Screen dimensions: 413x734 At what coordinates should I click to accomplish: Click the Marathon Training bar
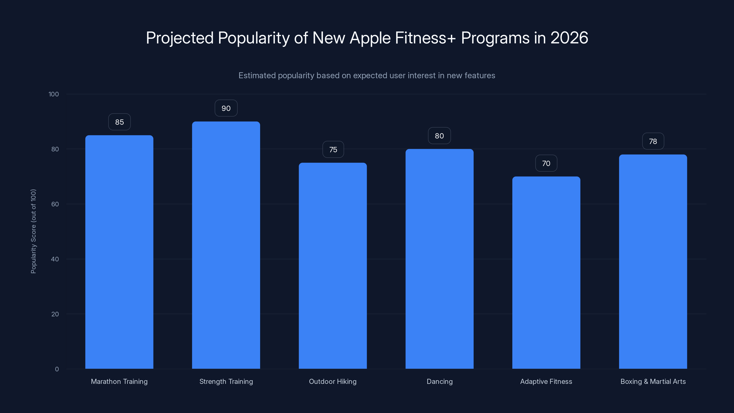pyautogui.click(x=119, y=252)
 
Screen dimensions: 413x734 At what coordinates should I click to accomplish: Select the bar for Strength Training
pyautogui.click(x=226, y=245)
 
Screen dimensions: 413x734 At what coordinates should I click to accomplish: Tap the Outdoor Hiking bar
pyautogui.click(x=333, y=266)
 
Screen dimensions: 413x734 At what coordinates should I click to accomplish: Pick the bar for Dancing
pyautogui.click(x=439, y=259)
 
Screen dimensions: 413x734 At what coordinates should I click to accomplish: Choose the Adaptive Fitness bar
pyautogui.click(x=546, y=273)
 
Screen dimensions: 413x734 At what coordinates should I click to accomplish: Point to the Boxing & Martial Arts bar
pyautogui.click(x=653, y=262)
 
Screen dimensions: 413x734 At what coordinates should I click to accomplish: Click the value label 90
pyautogui.click(x=226, y=108)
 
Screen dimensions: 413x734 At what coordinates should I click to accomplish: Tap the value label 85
pyautogui.click(x=119, y=122)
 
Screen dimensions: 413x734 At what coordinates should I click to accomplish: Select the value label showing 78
pyautogui.click(x=653, y=141)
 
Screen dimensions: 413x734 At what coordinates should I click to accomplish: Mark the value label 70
pyautogui.click(x=546, y=163)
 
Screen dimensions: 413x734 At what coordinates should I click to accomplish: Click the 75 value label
pyautogui.click(x=333, y=150)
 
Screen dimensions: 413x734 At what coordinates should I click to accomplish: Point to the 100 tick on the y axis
pyautogui.click(x=54, y=94)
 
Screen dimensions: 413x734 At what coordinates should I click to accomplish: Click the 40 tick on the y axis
pyautogui.click(x=55, y=259)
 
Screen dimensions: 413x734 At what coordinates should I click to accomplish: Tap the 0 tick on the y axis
pyautogui.click(x=57, y=369)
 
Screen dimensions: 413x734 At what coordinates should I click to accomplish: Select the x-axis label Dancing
pyautogui.click(x=439, y=381)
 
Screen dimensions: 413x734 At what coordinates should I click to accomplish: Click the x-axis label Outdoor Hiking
pyautogui.click(x=333, y=381)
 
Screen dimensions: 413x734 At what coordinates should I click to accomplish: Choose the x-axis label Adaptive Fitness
pyautogui.click(x=546, y=381)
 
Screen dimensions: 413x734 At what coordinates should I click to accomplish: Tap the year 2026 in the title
pyautogui.click(x=569, y=38)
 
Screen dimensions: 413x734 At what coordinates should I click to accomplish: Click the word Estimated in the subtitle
pyautogui.click(x=257, y=75)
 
